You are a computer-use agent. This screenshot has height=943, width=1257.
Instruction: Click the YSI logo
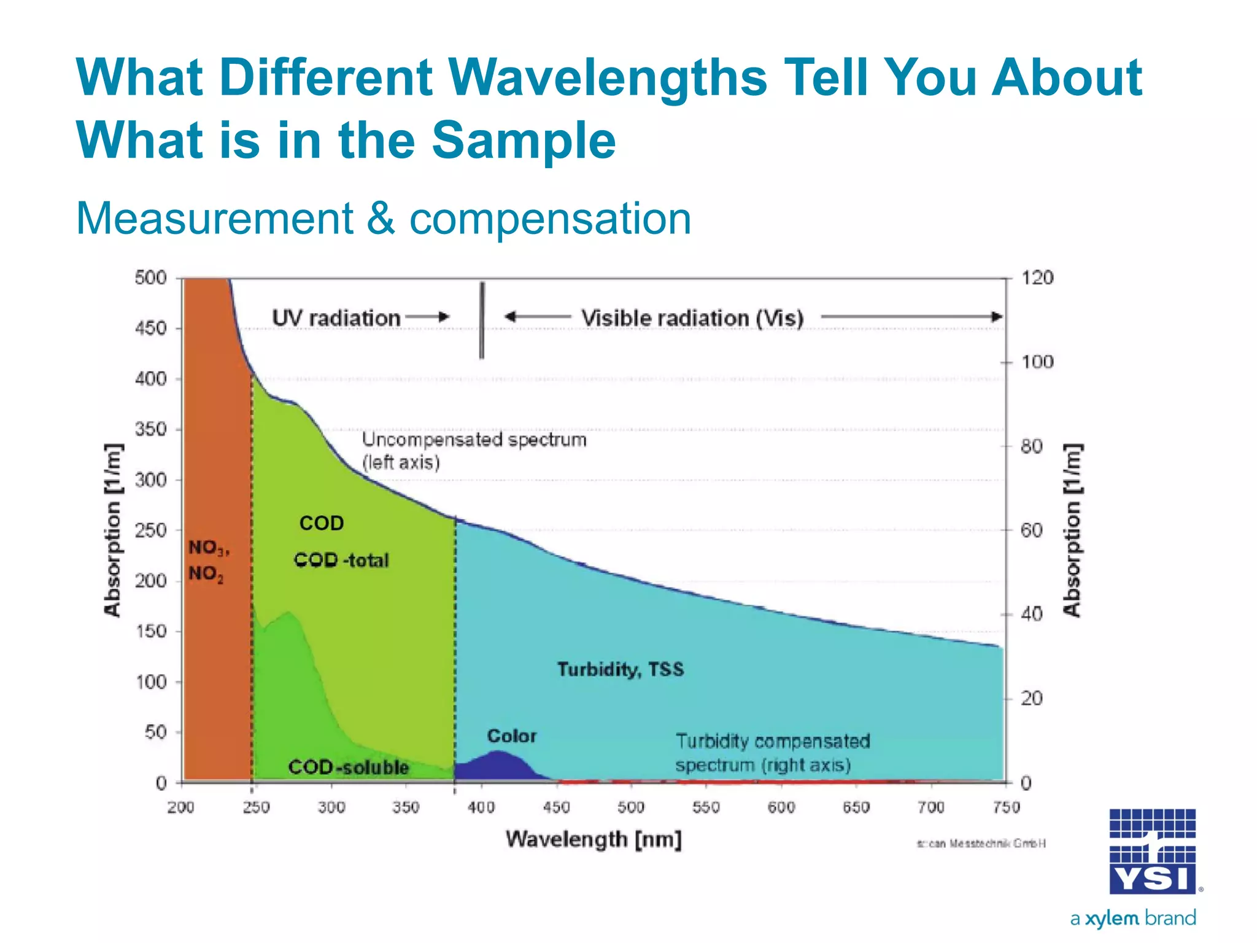1152,852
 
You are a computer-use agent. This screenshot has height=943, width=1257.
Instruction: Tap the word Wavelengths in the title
607,78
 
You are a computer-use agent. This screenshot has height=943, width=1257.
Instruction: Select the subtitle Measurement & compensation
384,219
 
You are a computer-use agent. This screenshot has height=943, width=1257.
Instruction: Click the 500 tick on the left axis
151,278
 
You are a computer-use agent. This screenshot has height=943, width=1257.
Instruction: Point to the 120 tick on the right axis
1037,278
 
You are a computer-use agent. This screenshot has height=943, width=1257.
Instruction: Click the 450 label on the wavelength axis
556,807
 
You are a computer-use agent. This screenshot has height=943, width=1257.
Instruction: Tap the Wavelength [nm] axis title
594,839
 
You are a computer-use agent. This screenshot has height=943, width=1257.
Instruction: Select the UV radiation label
336,318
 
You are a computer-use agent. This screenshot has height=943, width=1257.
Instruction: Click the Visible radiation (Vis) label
692,318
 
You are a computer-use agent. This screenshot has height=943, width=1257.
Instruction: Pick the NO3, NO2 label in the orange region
207,560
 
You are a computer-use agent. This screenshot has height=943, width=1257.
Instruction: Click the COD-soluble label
348,767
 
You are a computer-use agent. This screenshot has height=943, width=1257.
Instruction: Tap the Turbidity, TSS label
620,669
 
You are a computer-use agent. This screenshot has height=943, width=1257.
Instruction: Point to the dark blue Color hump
498,766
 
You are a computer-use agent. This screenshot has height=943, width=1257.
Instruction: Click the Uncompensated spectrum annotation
473,450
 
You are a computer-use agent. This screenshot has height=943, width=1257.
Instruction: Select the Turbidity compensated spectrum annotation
772,753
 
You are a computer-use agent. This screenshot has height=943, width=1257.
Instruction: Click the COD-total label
341,560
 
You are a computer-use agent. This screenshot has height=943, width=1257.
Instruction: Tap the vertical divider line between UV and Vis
482,320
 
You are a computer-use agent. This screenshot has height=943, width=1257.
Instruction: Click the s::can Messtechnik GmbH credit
981,844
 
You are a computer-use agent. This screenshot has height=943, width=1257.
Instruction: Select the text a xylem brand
1133,918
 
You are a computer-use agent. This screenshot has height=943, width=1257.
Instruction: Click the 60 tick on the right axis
1031,530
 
